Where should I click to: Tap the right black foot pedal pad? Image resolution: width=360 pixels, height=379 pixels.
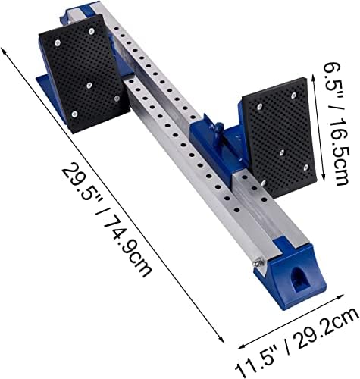(276, 137)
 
